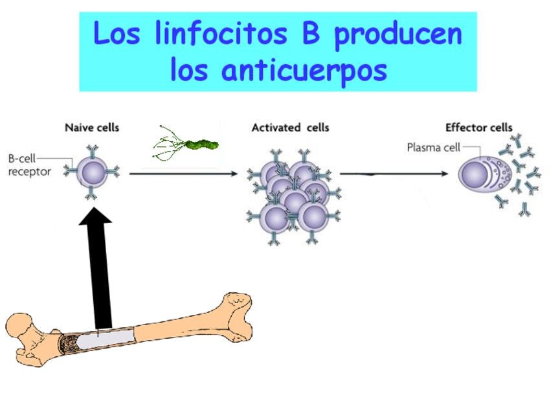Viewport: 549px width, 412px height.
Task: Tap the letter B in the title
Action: click(311, 34)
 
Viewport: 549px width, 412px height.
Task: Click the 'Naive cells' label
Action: click(92, 128)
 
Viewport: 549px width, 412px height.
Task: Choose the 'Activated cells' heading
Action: click(290, 128)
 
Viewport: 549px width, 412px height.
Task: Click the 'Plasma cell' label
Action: click(432, 147)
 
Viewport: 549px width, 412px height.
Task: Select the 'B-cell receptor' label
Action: click(29, 165)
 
